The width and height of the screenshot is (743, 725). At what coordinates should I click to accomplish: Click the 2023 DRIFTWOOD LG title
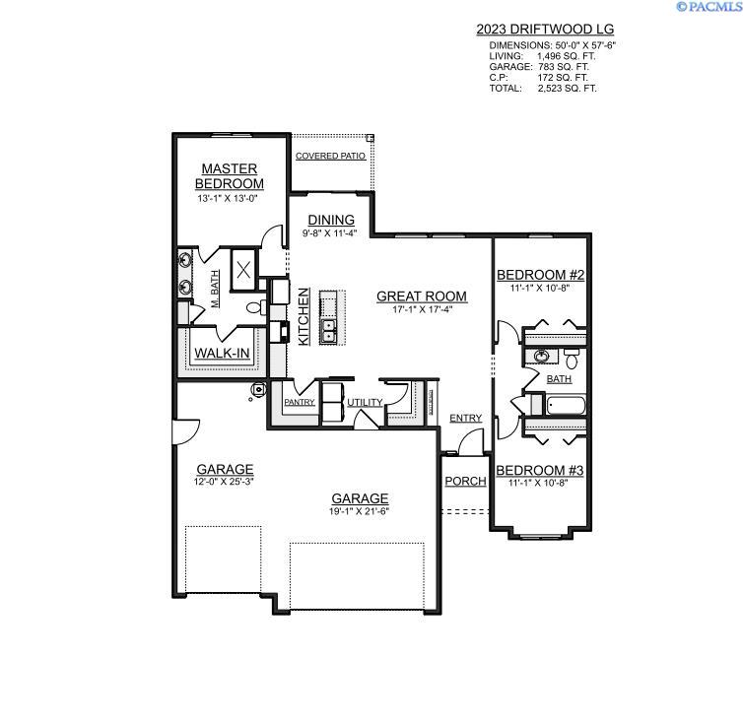[x=545, y=30]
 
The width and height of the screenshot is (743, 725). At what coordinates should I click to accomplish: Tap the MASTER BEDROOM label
[x=230, y=176]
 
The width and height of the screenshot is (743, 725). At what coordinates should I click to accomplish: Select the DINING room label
[x=331, y=220]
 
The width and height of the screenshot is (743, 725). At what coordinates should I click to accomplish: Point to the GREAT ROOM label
[x=422, y=297]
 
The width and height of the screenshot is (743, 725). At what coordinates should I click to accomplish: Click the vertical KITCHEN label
[x=304, y=317]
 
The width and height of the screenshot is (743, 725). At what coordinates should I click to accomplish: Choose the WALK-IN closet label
[x=222, y=354]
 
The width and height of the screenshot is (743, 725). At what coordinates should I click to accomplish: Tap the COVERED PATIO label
[x=330, y=156]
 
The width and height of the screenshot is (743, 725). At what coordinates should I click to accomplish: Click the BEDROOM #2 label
[x=540, y=275]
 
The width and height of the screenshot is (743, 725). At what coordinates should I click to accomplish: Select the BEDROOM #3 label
[x=540, y=470]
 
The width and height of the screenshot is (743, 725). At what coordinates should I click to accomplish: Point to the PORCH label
[x=465, y=481]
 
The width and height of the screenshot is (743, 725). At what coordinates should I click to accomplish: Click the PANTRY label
[x=299, y=402]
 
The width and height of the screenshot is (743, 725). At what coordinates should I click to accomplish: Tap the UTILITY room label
[x=365, y=403]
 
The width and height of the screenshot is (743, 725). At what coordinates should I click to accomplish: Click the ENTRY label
[x=466, y=418]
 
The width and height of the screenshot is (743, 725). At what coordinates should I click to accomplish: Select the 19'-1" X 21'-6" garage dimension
[x=359, y=511]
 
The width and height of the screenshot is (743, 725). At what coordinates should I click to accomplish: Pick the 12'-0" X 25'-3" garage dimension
[x=224, y=482]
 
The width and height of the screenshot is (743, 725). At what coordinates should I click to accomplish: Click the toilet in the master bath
[x=256, y=307]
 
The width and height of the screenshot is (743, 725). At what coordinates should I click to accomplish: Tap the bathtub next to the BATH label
[x=566, y=406]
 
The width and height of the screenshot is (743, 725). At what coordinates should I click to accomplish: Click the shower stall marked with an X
[x=243, y=270]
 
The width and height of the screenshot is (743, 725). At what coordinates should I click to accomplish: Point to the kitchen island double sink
[x=328, y=331]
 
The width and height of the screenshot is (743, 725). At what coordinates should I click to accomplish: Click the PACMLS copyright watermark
[x=709, y=6]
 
